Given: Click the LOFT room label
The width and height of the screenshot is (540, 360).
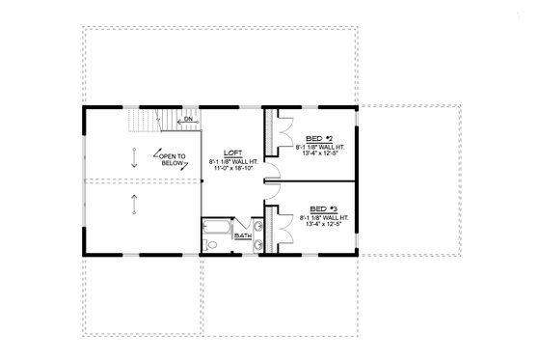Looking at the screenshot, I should click(231, 152).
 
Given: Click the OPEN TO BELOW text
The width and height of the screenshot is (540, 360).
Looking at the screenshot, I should click(175, 159).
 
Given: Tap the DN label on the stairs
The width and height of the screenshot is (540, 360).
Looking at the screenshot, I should click(190, 120).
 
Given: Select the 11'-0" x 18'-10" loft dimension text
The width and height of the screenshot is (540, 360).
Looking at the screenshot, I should click(231, 169).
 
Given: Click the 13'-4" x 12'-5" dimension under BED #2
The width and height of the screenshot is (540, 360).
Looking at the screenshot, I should click(318, 154).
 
